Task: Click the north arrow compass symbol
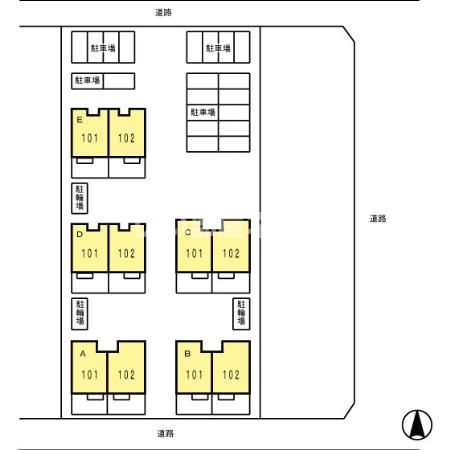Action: (x=417, y=425)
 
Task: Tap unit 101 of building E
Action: (x=90, y=133)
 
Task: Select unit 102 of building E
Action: (x=127, y=133)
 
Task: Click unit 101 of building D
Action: (x=90, y=248)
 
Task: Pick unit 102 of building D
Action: (x=127, y=248)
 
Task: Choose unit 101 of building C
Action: (x=194, y=246)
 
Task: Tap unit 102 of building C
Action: (x=231, y=246)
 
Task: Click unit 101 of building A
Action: (x=89, y=367)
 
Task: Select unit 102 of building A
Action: (x=127, y=367)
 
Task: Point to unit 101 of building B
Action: (x=194, y=367)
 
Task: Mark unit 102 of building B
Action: (x=231, y=367)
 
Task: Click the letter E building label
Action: (x=79, y=120)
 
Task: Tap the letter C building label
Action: (x=188, y=232)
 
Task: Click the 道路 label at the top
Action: (x=163, y=12)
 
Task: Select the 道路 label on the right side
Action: (x=378, y=219)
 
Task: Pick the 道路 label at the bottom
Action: (x=166, y=434)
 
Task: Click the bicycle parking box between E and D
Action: (x=80, y=198)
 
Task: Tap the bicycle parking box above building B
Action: (x=241, y=314)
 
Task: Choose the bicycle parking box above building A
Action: (x=80, y=314)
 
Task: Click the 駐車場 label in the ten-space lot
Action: (x=203, y=112)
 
